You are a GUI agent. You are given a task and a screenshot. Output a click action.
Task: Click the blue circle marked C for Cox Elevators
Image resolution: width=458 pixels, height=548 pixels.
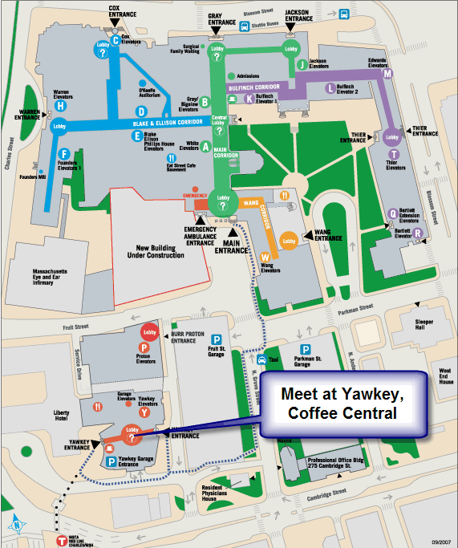click(x=116, y=39)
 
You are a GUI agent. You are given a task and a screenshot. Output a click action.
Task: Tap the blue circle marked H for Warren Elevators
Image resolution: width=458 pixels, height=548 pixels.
click(x=61, y=104)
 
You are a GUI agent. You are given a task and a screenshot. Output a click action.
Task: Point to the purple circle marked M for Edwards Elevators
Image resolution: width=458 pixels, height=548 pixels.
click(x=387, y=74)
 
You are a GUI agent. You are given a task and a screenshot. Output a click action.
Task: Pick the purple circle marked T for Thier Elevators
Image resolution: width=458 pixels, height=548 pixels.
click(x=393, y=154)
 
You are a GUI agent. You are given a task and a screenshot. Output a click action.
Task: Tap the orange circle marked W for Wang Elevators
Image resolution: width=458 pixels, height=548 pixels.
click(x=265, y=257)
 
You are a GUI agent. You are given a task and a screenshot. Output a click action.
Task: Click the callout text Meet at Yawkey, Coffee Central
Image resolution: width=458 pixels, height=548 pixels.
click(x=343, y=404)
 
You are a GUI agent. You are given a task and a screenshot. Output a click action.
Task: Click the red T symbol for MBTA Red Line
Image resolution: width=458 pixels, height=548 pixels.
click(x=63, y=540)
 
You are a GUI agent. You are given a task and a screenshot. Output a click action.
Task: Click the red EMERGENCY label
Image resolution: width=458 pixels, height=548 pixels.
click(x=195, y=195)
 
